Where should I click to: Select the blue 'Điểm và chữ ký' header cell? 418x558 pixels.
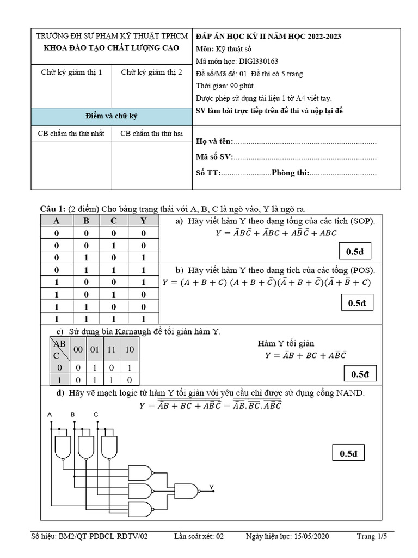point(112,117)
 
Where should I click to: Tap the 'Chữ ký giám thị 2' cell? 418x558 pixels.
point(152,72)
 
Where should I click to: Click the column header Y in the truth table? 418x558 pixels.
point(143,221)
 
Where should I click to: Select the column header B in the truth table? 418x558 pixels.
point(86,221)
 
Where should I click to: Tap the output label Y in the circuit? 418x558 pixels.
point(211,487)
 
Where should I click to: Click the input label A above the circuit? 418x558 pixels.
point(50,415)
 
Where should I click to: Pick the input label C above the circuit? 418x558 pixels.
point(96,415)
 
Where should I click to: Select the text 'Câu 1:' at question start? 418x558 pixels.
point(53,209)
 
